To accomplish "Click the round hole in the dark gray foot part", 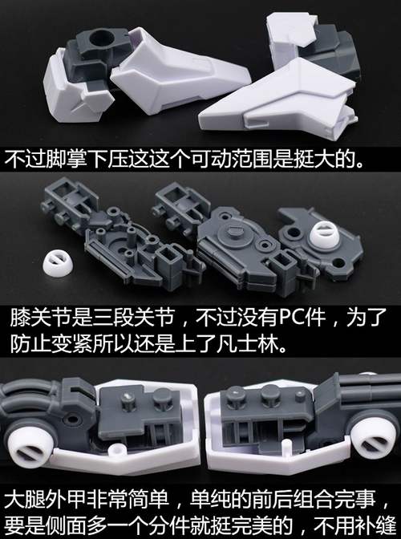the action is coord(103,38).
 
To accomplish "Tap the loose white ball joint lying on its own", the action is coord(58,263).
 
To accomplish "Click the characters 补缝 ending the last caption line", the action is coord(375,525).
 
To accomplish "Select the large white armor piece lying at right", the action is coord(278,96).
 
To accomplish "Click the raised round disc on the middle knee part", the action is coord(233,233).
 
